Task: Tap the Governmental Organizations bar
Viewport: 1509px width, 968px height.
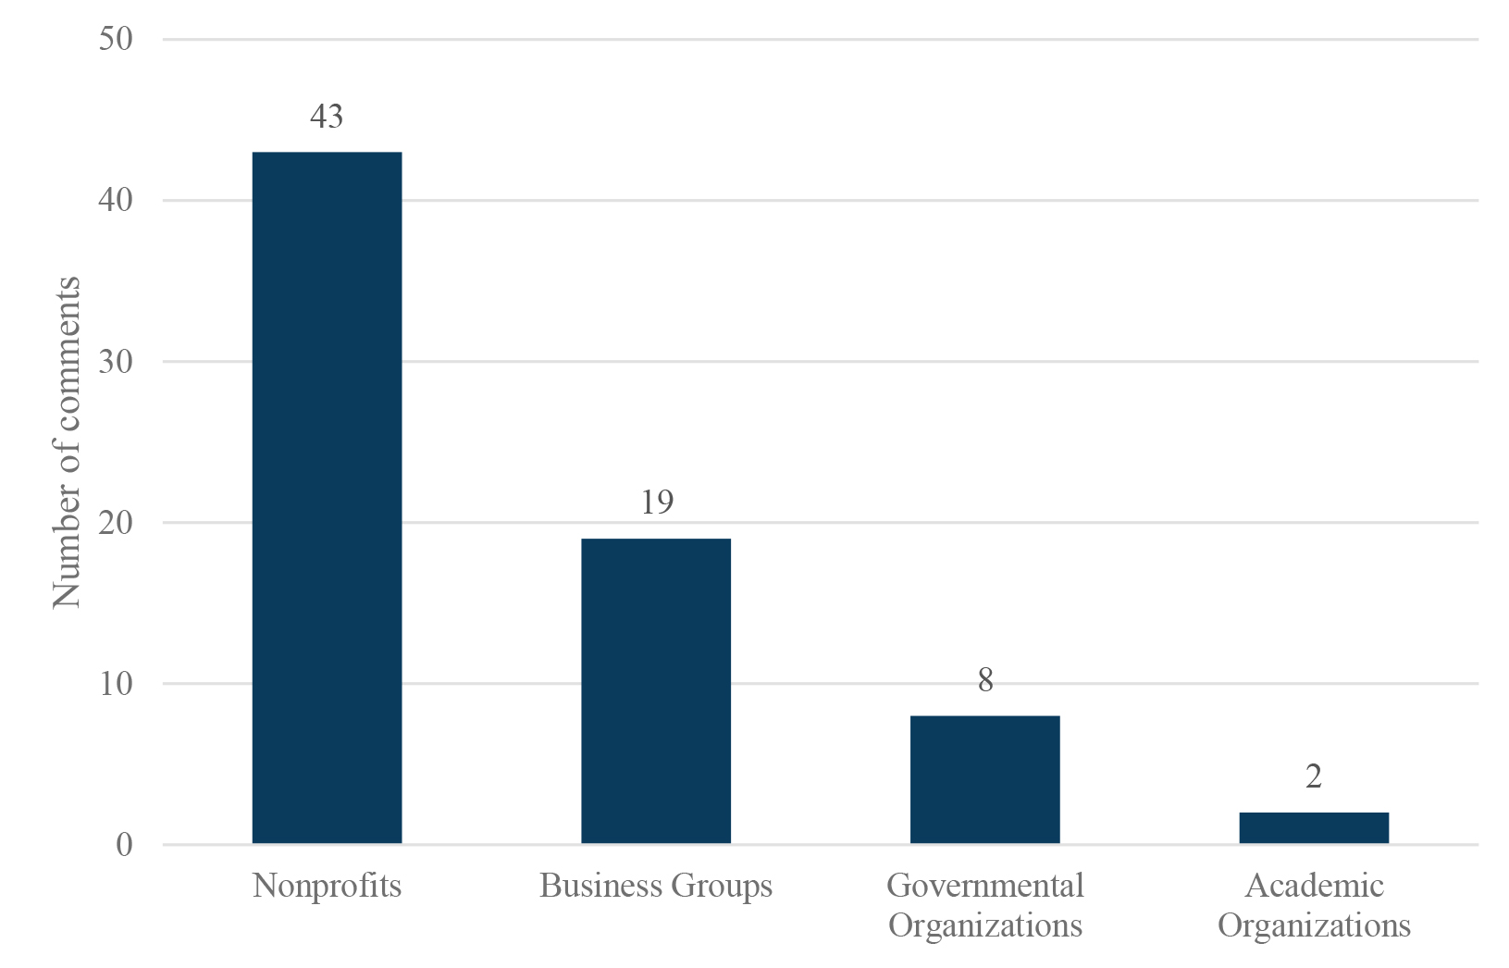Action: coord(984,779)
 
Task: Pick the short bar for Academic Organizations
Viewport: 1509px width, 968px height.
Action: coord(1313,827)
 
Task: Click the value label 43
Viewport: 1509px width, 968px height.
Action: coord(327,117)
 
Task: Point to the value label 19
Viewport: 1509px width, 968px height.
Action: coord(656,503)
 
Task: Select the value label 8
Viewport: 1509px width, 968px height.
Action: coord(985,681)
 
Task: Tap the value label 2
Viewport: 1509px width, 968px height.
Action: coord(1314,777)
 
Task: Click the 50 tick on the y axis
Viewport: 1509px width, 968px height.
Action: coord(116,39)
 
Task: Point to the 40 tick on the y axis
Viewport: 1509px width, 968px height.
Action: coord(116,200)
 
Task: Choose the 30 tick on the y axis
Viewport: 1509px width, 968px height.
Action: coord(116,361)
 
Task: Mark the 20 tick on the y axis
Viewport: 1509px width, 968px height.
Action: coord(116,522)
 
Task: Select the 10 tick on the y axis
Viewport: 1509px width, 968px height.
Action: coord(116,684)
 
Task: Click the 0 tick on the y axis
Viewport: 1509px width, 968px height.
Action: coord(124,845)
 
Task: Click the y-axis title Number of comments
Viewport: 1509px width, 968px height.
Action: coord(67,441)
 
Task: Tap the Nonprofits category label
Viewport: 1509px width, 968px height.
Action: coord(327,887)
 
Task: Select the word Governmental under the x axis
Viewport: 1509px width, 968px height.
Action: coord(984,887)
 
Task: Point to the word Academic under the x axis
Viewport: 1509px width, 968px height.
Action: coord(1314,887)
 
